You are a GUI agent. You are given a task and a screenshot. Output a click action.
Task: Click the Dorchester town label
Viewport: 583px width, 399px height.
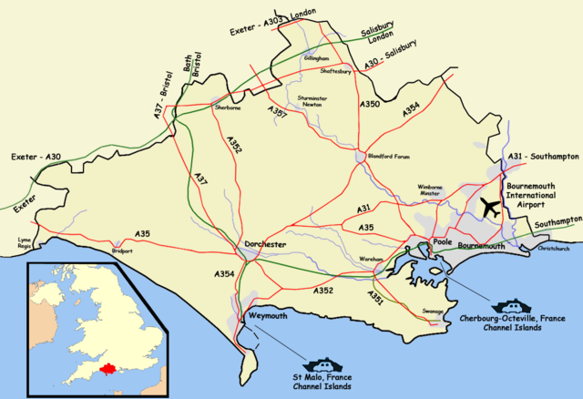[x=265, y=245]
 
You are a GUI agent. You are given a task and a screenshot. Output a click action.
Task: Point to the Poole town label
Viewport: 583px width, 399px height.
[x=443, y=243]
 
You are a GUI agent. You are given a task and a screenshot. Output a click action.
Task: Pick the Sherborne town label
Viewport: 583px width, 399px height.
[x=226, y=107]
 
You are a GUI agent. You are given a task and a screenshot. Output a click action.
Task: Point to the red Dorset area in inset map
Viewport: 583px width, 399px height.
[x=110, y=369]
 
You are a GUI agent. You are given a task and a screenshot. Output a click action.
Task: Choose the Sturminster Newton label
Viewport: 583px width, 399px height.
[x=312, y=101]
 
